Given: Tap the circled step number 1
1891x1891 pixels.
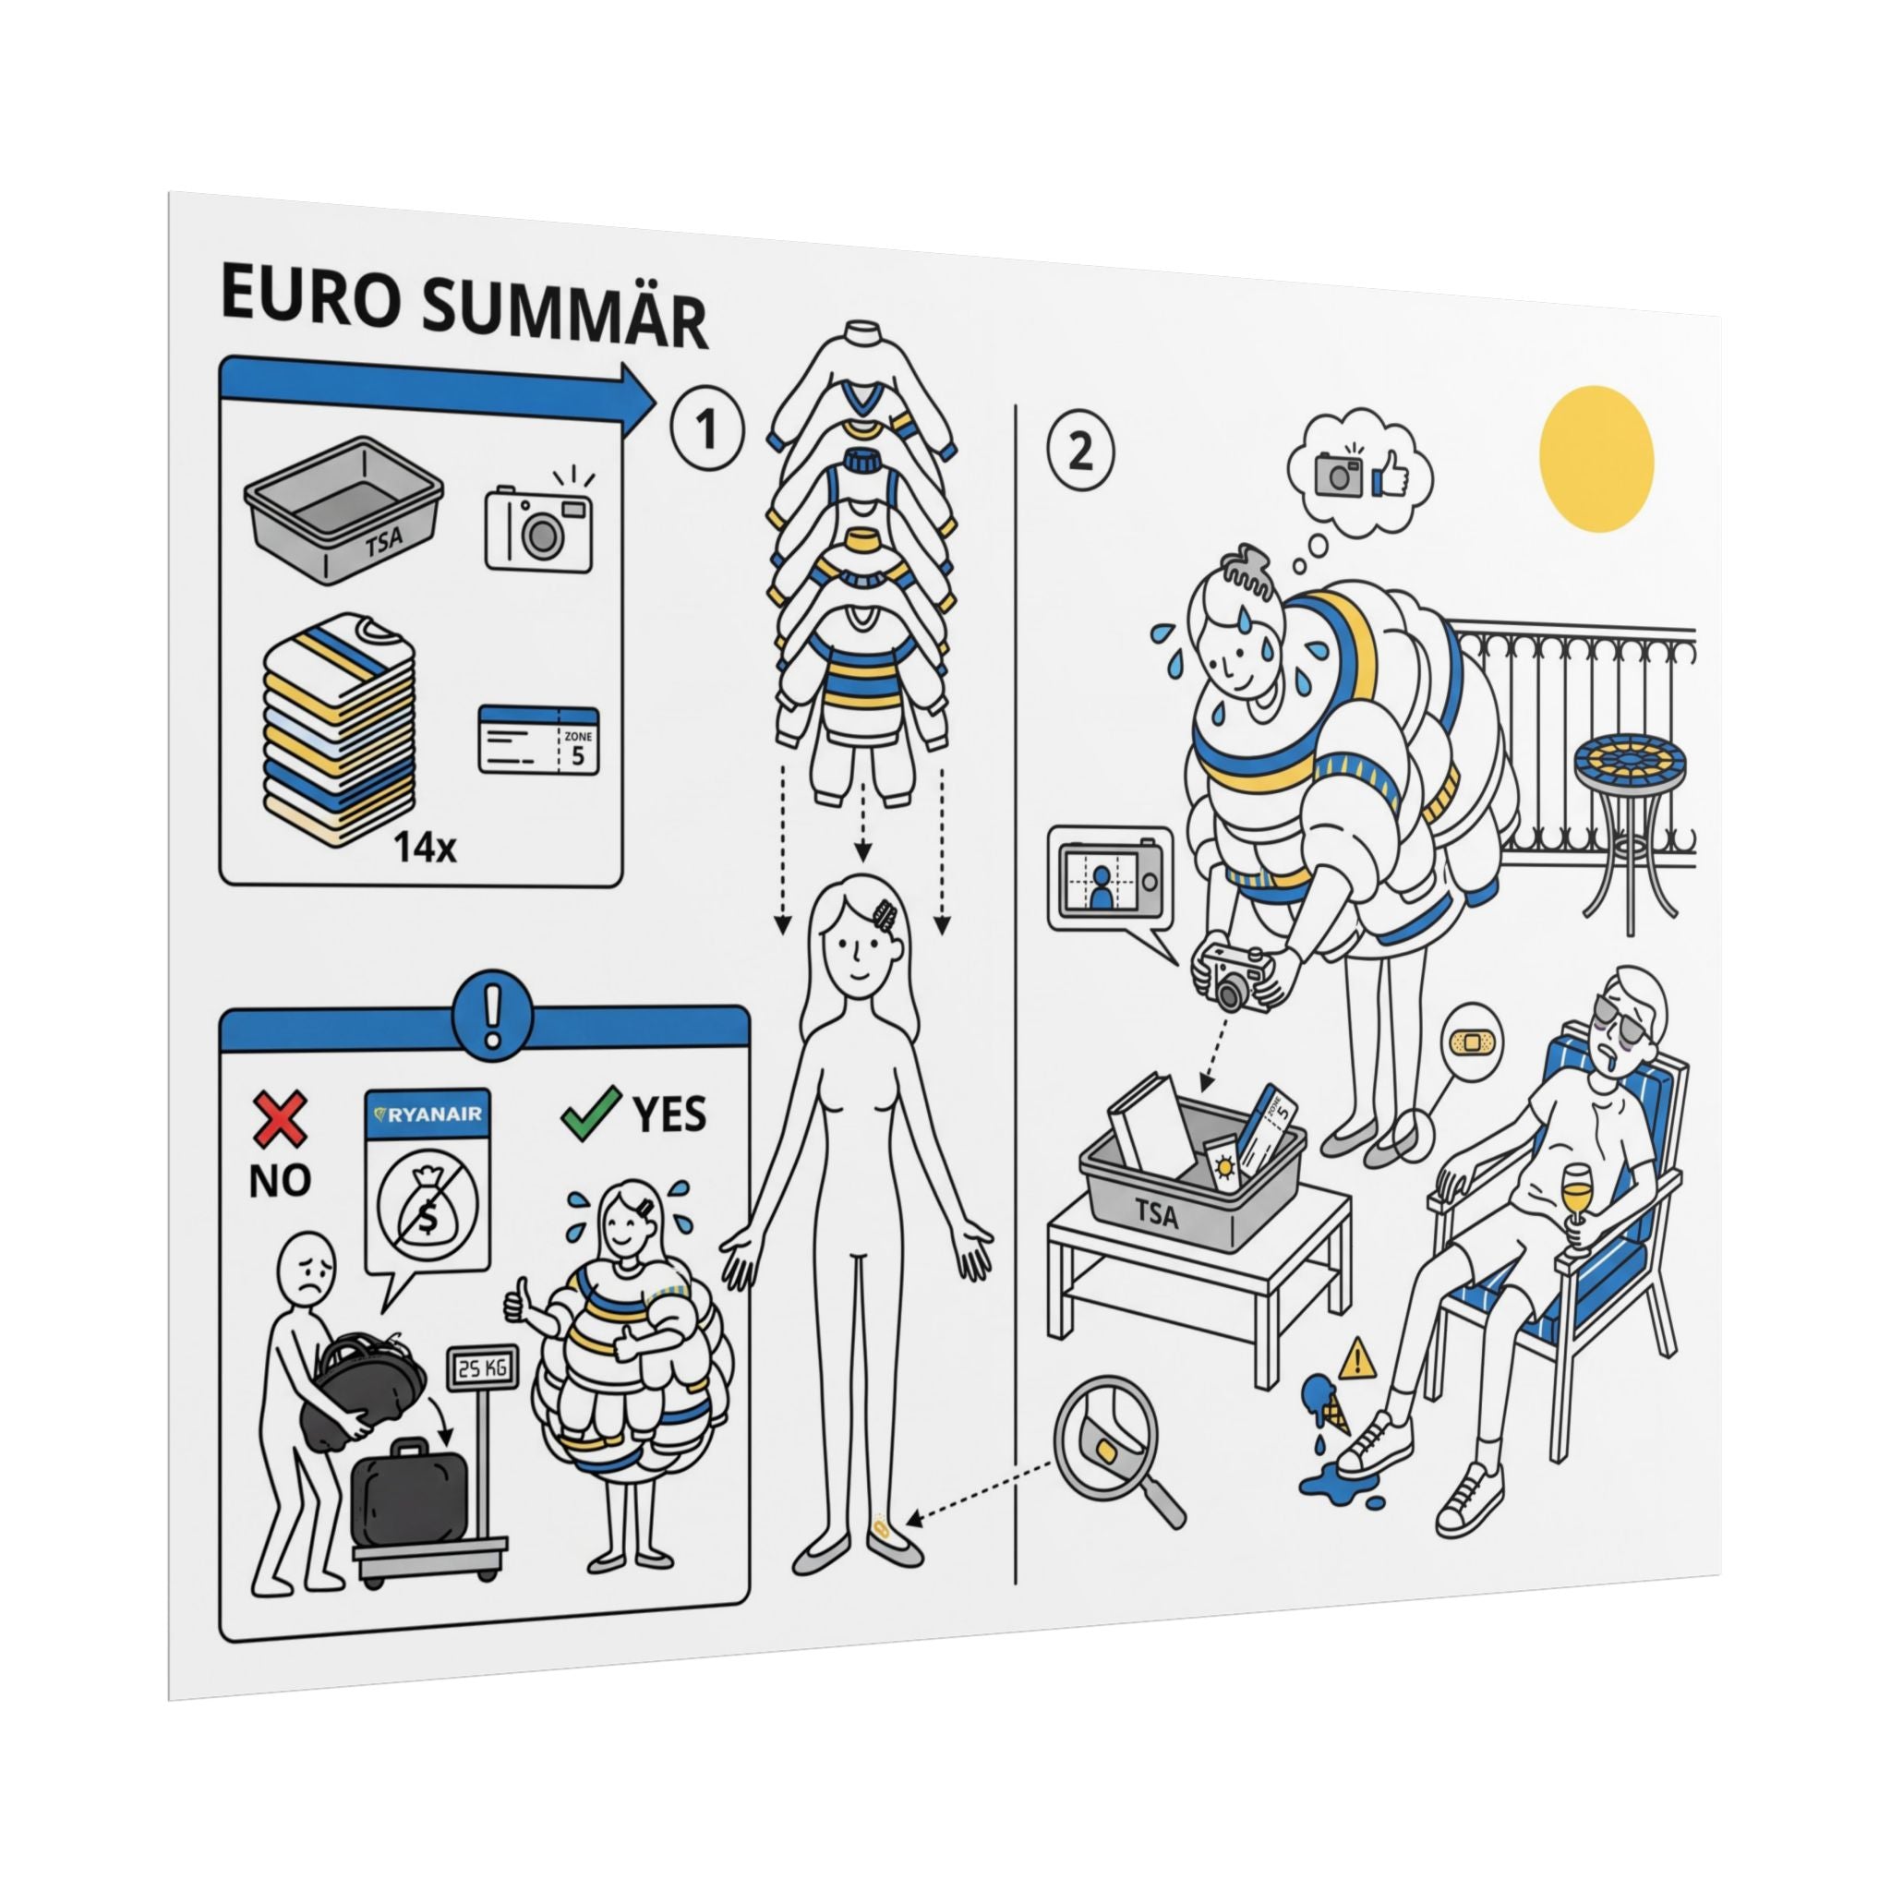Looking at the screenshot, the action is point(707,430).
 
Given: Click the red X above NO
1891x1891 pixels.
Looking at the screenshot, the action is point(280,1121).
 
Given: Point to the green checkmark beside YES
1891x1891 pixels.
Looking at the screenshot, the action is point(593,1114).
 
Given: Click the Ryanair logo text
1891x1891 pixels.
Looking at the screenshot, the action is point(427,1112).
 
